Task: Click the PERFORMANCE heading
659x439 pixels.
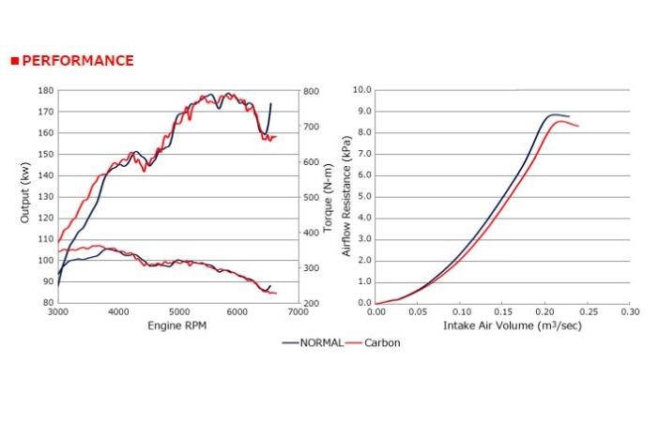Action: coord(77,61)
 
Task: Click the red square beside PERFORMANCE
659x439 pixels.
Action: coord(14,61)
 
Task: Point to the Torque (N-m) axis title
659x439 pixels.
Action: coord(329,196)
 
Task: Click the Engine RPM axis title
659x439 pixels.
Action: coord(176,325)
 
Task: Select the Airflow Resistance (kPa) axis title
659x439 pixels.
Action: coord(346,196)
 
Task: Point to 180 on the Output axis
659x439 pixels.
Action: coord(45,91)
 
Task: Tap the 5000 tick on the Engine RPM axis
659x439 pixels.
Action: coord(178,311)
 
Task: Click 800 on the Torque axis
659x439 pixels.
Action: coord(311,91)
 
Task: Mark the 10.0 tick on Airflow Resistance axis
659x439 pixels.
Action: coord(361,90)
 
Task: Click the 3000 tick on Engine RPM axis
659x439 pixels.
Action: coord(58,311)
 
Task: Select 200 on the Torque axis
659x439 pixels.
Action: coord(311,303)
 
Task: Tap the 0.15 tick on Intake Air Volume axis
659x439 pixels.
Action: coord(503,311)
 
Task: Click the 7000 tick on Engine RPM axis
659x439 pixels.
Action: coord(298,311)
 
